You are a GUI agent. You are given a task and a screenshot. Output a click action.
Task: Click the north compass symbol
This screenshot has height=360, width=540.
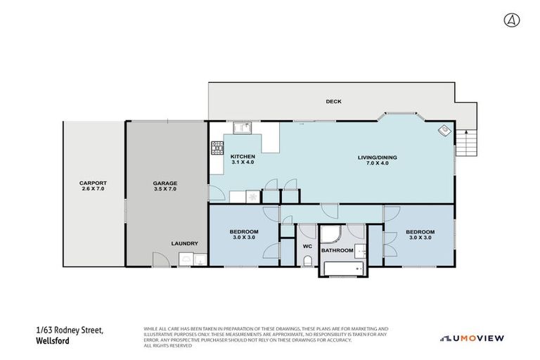click(x=510, y=20)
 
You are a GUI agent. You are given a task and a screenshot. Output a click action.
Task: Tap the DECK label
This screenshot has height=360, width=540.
click(x=333, y=102)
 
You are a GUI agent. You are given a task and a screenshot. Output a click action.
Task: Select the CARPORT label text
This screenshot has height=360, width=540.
click(x=93, y=186)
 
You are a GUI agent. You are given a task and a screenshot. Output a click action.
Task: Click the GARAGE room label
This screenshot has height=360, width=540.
click(x=165, y=186)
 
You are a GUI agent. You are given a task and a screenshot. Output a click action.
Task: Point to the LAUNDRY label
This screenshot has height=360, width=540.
click(x=184, y=243)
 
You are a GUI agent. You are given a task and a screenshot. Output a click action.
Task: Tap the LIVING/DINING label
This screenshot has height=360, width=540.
click(x=377, y=160)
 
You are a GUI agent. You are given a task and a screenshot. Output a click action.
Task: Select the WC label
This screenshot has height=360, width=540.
click(x=307, y=246)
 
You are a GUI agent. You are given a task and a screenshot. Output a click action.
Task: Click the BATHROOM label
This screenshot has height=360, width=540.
click(x=337, y=250)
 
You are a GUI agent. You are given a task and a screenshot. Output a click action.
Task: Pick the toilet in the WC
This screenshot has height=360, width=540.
click(x=307, y=262)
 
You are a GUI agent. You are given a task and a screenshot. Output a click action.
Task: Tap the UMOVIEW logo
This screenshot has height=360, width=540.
click(x=472, y=338)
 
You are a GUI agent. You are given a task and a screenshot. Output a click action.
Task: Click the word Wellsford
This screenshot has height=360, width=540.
click(x=53, y=342)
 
